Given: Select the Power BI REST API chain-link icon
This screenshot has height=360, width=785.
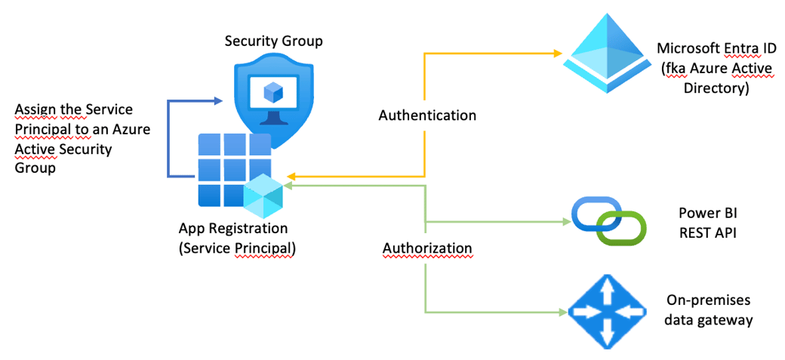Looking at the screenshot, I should pyautogui.click(x=608, y=220).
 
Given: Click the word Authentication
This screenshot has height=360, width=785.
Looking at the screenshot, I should pyautogui.click(x=427, y=115).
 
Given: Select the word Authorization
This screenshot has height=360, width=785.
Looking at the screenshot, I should pyautogui.click(x=427, y=248).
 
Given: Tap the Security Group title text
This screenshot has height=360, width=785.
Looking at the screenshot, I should pyautogui.click(x=273, y=40).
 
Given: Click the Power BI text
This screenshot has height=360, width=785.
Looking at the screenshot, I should pyautogui.click(x=705, y=214).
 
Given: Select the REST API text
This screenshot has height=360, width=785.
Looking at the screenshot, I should pyautogui.click(x=705, y=232).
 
